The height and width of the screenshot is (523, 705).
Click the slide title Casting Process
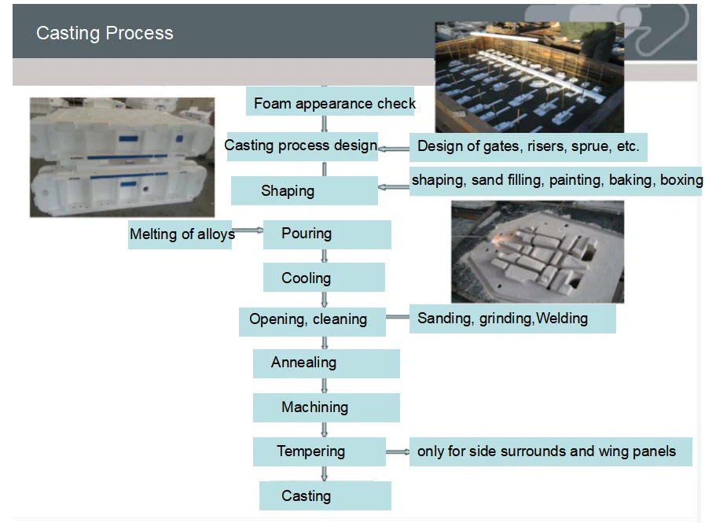point(105,33)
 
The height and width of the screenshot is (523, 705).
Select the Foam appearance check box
point(330,101)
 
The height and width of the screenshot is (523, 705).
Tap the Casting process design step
point(302,147)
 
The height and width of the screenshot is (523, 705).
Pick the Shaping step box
point(304,191)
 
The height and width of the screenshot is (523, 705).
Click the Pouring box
point(327,234)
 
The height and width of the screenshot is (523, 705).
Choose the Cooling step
point(324,278)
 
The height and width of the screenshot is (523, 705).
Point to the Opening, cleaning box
point(312,322)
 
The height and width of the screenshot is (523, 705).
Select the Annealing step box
point(326,363)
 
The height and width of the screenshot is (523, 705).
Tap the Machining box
point(326,407)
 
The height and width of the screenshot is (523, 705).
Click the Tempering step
point(319,451)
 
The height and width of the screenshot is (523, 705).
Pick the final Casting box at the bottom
point(325,495)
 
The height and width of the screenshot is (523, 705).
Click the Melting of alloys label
point(180,234)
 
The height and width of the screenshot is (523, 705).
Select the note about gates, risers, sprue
point(528,147)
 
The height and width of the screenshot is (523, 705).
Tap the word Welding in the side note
point(562,319)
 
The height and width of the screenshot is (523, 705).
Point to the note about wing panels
point(550,451)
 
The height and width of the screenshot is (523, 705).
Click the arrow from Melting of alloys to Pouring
point(248,230)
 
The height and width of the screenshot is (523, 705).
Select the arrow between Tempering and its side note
point(398,452)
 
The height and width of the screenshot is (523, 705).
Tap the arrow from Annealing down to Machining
point(325,385)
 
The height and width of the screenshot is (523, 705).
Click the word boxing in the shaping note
point(681,180)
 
